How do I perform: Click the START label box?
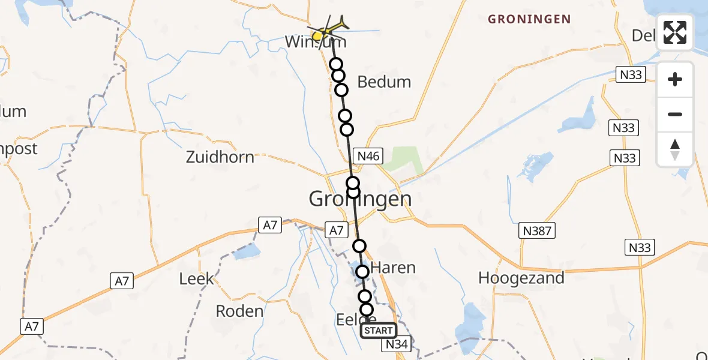(x=378, y=331)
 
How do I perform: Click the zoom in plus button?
(x=675, y=80)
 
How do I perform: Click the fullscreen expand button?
(x=675, y=32)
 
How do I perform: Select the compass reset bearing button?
(x=675, y=149)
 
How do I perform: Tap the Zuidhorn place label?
(x=220, y=157)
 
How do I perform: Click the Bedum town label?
(x=384, y=82)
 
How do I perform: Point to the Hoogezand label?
(x=521, y=278)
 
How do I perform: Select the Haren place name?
(x=393, y=268)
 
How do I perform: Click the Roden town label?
(x=239, y=311)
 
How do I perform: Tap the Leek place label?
(x=196, y=279)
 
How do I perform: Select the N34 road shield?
(x=397, y=344)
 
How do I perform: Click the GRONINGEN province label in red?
(x=529, y=19)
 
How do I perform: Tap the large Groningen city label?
(x=360, y=199)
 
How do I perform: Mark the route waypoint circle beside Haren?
(x=362, y=272)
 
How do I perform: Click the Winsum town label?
(x=315, y=42)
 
